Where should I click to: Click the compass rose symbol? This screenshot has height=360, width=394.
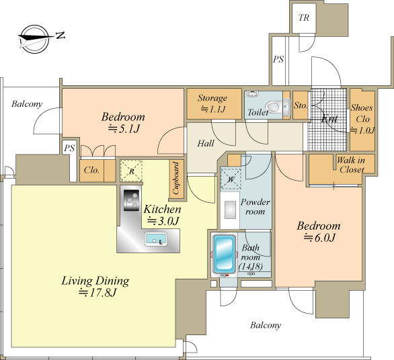click(34, 39)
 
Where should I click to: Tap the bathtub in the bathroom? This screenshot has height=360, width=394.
click(225, 254)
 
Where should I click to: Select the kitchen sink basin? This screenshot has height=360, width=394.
click(156, 239)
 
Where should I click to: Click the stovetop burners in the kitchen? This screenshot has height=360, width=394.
click(131, 200)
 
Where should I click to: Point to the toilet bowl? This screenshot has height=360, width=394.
click(273, 106)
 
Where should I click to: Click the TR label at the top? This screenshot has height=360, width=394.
click(304, 17)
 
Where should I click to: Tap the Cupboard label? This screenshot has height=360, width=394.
click(176, 178)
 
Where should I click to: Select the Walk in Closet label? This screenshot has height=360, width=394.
click(351, 165)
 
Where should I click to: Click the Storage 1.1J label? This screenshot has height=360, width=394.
click(212, 103)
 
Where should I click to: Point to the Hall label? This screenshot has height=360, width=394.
click(206, 143)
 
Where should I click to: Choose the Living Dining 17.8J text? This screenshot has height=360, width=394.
click(95, 286)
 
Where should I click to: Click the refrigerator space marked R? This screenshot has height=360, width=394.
click(131, 171)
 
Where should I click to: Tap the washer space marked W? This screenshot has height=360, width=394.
click(231, 179)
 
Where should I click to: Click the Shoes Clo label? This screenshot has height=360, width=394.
click(362, 119)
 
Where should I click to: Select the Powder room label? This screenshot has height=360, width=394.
click(255, 207)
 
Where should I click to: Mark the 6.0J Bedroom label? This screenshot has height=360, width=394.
click(319, 231)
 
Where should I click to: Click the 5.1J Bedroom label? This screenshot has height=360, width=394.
click(123, 122)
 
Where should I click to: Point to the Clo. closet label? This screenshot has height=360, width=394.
click(91, 170)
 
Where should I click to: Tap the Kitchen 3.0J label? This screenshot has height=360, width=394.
click(162, 215)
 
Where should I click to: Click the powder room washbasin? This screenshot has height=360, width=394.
click(230, 210)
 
